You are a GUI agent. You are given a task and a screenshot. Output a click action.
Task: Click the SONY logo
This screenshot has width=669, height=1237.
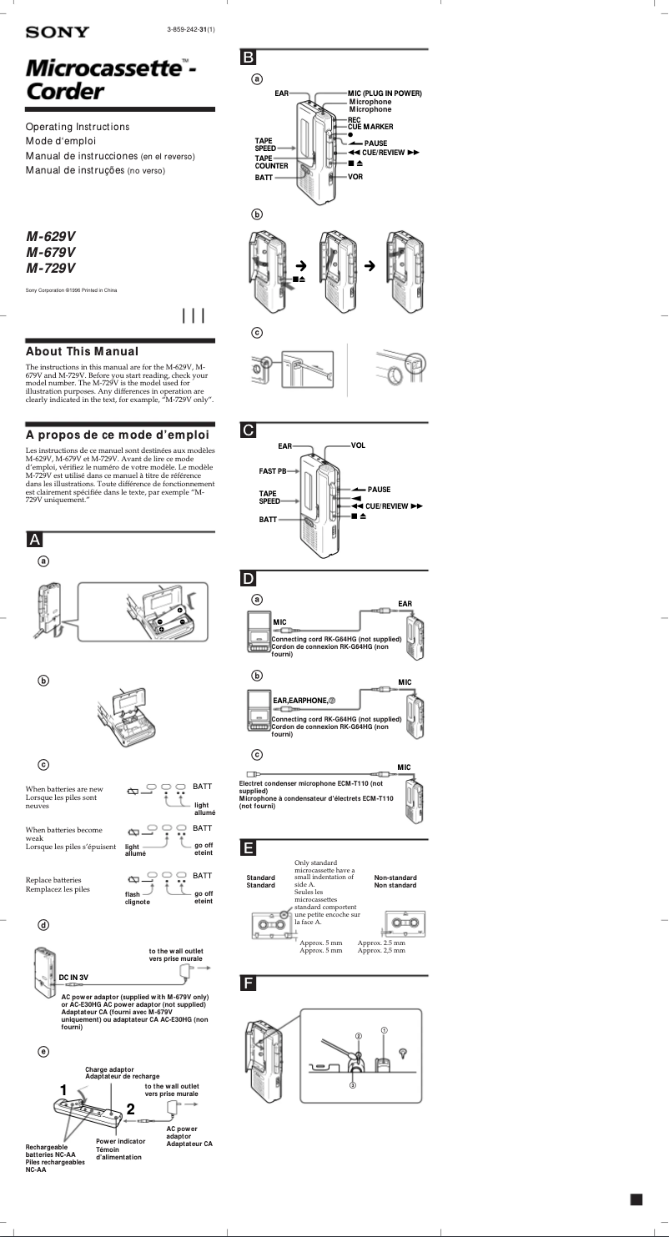click(x=57, y=33)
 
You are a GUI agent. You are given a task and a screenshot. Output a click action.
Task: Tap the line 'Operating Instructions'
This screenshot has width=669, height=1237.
click(x=78, y=127)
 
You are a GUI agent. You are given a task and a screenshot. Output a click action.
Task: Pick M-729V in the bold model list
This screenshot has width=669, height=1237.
click(x=51, y=268)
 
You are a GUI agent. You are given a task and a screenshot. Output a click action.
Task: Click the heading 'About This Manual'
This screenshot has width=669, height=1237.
click(x=82, y=352)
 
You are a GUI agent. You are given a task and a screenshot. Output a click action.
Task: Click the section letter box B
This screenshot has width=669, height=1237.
click(x=249, y=58)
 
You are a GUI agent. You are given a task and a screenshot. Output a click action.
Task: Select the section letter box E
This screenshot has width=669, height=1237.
click(x=249, y=848)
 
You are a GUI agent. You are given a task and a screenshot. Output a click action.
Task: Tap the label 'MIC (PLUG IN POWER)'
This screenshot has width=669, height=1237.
click(x=385, y=93)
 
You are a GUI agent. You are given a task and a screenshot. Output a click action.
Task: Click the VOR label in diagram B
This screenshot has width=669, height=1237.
click(x=355, y=178)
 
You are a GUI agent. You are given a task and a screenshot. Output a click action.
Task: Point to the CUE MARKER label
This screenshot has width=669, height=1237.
click(x=370, y=126)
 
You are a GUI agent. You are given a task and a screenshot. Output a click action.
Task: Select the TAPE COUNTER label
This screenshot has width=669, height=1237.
click(x=271, y=162)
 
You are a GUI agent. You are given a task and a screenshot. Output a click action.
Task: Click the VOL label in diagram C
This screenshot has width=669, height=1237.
click(x=358, y=445)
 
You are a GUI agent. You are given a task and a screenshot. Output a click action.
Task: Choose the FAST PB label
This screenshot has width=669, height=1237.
click(x=272, y=471)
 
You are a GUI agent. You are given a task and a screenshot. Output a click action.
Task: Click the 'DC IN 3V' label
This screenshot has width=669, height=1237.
click(x=73, y=977)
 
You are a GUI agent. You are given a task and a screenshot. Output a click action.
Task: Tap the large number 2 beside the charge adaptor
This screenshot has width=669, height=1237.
click(x=130, y=1109)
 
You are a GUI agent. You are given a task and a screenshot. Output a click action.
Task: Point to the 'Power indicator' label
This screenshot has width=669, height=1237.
click(x=120, y=1140)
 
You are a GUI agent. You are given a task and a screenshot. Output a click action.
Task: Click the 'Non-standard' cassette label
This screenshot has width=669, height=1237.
click(x=395, y=877)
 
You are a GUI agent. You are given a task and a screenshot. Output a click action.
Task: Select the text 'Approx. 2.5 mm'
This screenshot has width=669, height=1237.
click(x=381, y=943)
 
